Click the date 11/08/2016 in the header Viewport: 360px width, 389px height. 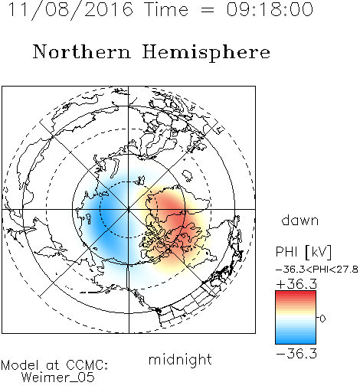click(70, 10)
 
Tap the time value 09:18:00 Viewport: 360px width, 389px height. click(270, 9)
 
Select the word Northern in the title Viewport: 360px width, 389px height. click(82, 52)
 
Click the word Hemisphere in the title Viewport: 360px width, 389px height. click(206, 53)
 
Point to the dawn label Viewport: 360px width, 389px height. click(300, 220)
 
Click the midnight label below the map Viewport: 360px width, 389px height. click(180, 360)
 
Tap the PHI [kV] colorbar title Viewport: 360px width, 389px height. click(303, 252)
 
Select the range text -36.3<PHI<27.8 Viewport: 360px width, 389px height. click(317, 270)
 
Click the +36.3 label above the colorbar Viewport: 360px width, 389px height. click(296, 284)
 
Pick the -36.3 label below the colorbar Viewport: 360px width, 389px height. click(296, 354)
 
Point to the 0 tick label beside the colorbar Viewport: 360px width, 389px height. click(322, 319)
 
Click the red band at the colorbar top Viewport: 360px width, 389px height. click(296, 294)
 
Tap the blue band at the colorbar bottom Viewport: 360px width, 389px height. click(296, 341)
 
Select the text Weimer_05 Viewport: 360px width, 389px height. click(58, 378)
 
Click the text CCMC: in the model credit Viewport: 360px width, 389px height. click(87, 365)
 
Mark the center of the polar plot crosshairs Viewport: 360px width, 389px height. click(129, 209)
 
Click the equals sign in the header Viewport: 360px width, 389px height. click(208, 10)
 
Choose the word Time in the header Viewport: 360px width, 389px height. click(166, 9)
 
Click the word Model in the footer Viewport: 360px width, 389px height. click(20, 365)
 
